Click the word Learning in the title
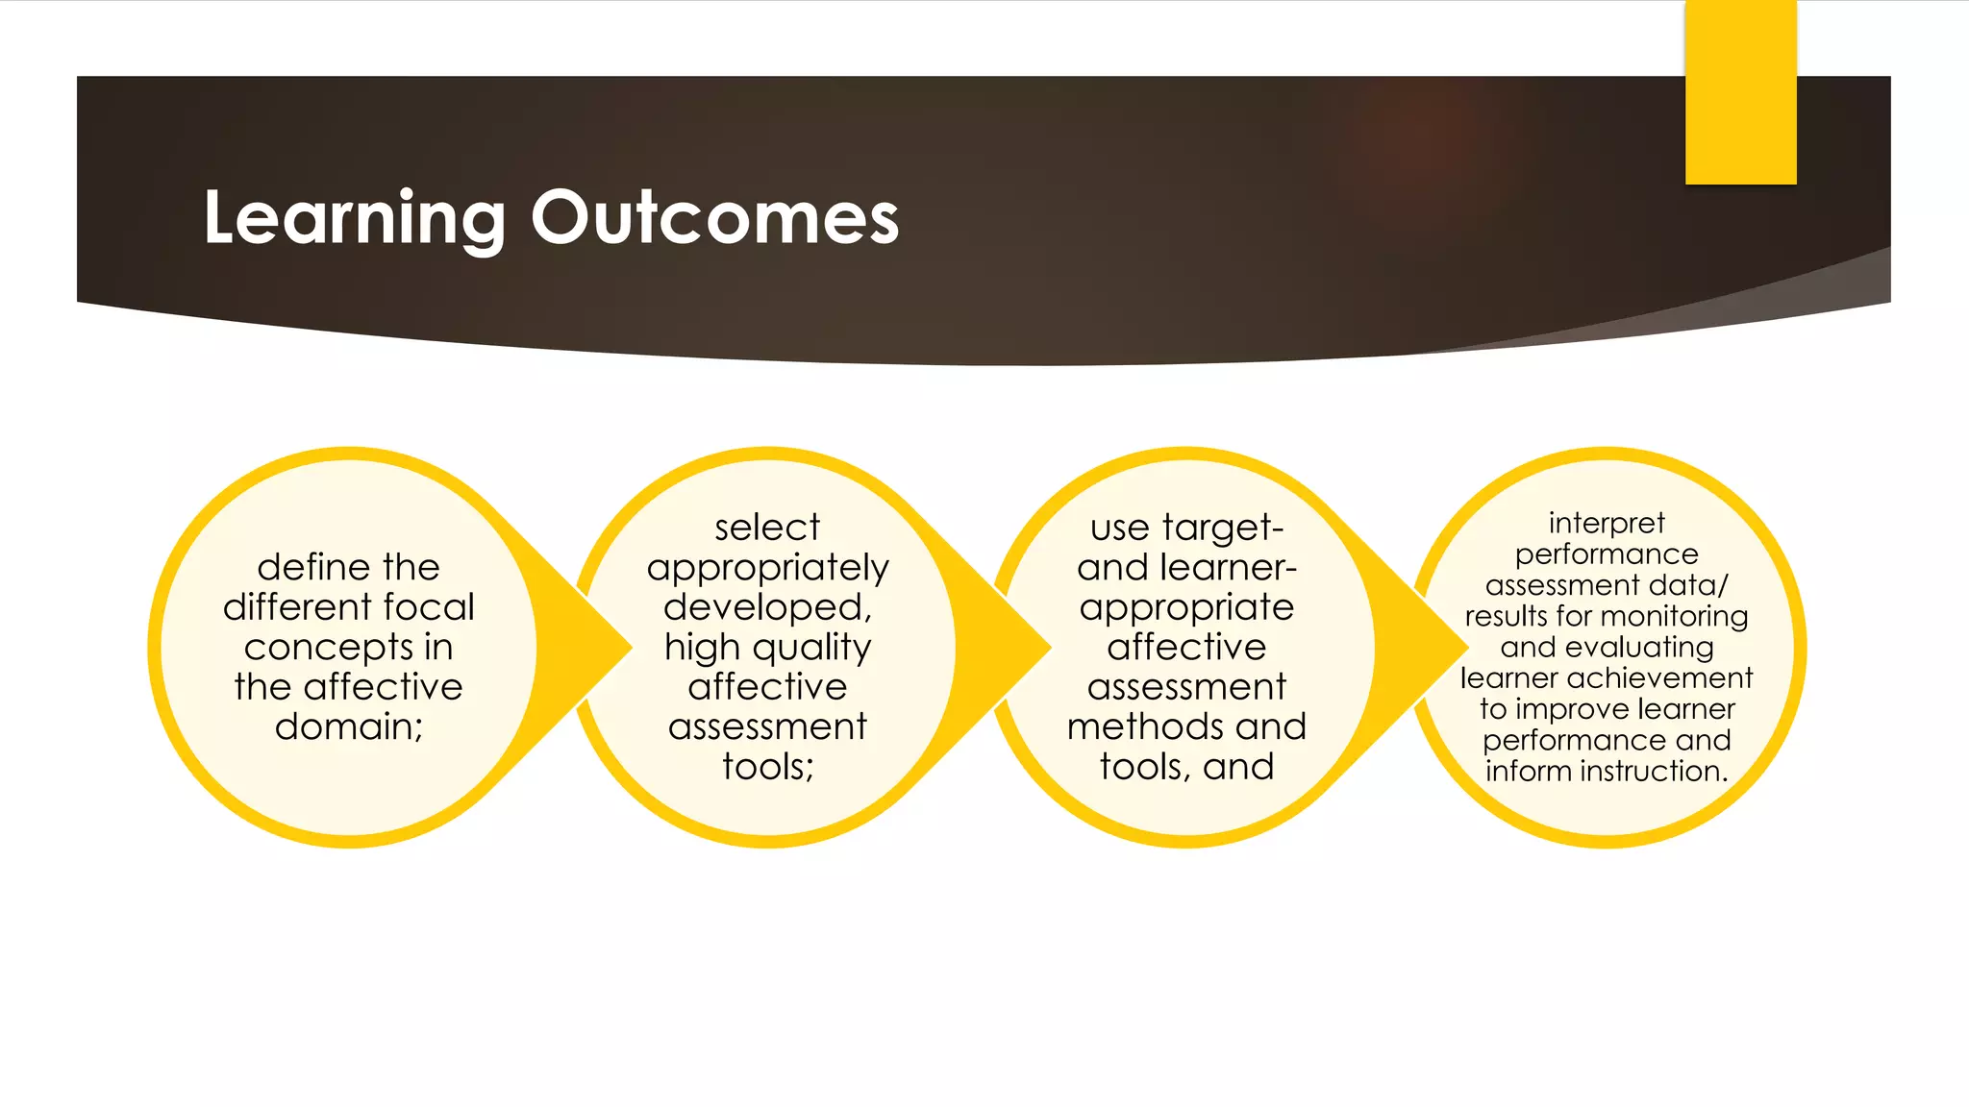pos(354,219)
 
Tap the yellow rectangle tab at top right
pos(1740,92)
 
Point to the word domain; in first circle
pos(349,726)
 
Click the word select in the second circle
pos(767,528)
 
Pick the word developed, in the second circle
pos(767,607)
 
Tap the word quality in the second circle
pos(812,649)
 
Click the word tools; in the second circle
pos(767,767)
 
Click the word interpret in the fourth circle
pos(1607,524)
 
